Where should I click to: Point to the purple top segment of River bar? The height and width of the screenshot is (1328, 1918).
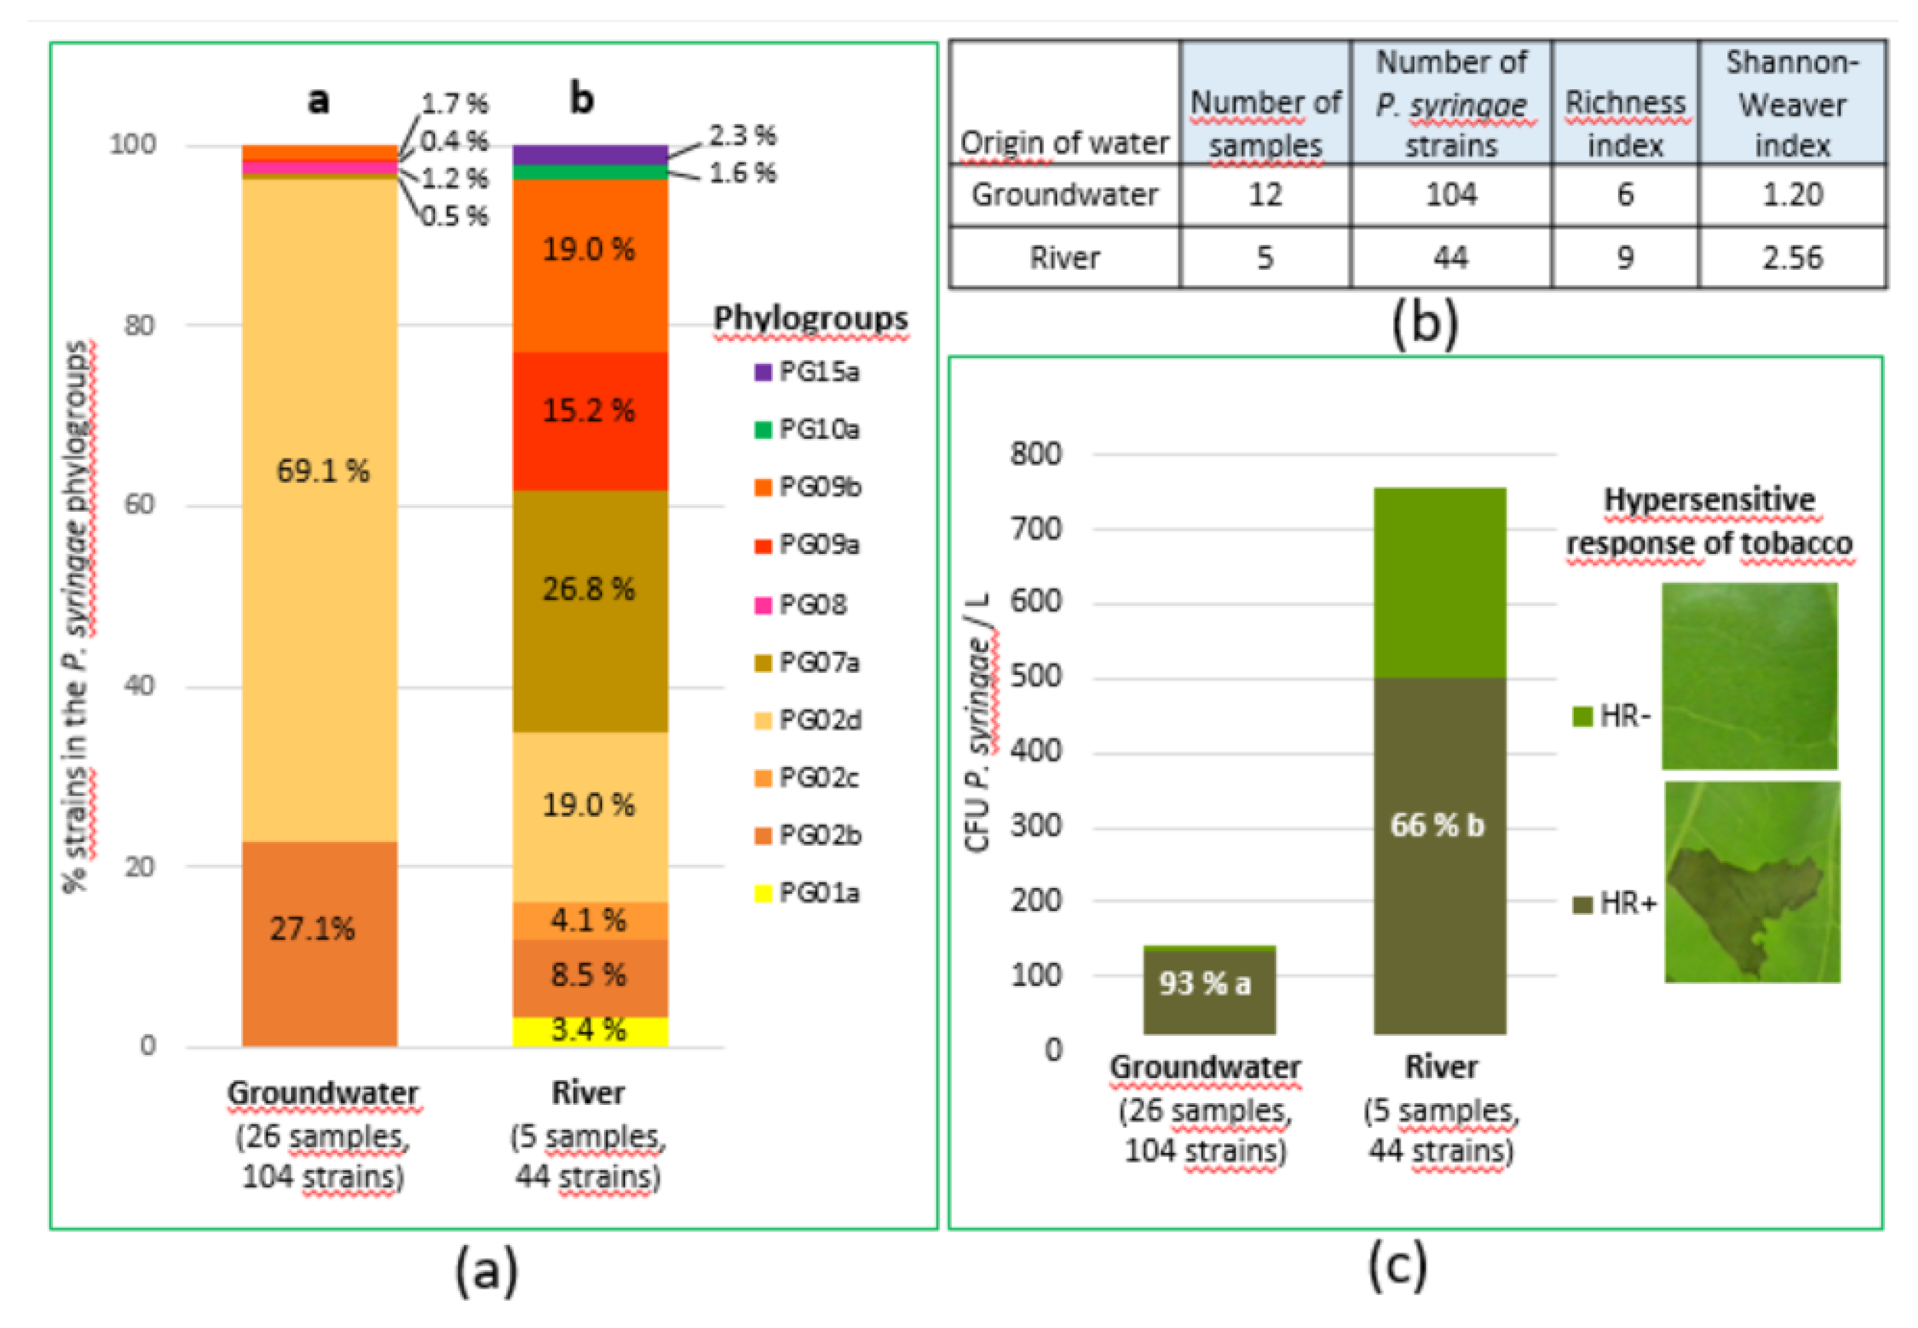[x=589, y=155]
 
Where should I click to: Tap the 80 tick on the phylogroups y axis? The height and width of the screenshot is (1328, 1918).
[x=140, y=325]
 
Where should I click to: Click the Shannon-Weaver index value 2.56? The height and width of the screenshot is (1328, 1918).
[x=1791, y=258]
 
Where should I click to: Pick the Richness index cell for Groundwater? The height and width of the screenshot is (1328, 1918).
[x=1624, y=194]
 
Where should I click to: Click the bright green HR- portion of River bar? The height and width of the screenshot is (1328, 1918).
[x=1439, y=583]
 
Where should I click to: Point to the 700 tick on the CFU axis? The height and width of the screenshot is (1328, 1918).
[x=1036, y=528]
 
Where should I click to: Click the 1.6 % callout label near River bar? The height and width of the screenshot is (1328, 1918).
[x=742, y=173]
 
